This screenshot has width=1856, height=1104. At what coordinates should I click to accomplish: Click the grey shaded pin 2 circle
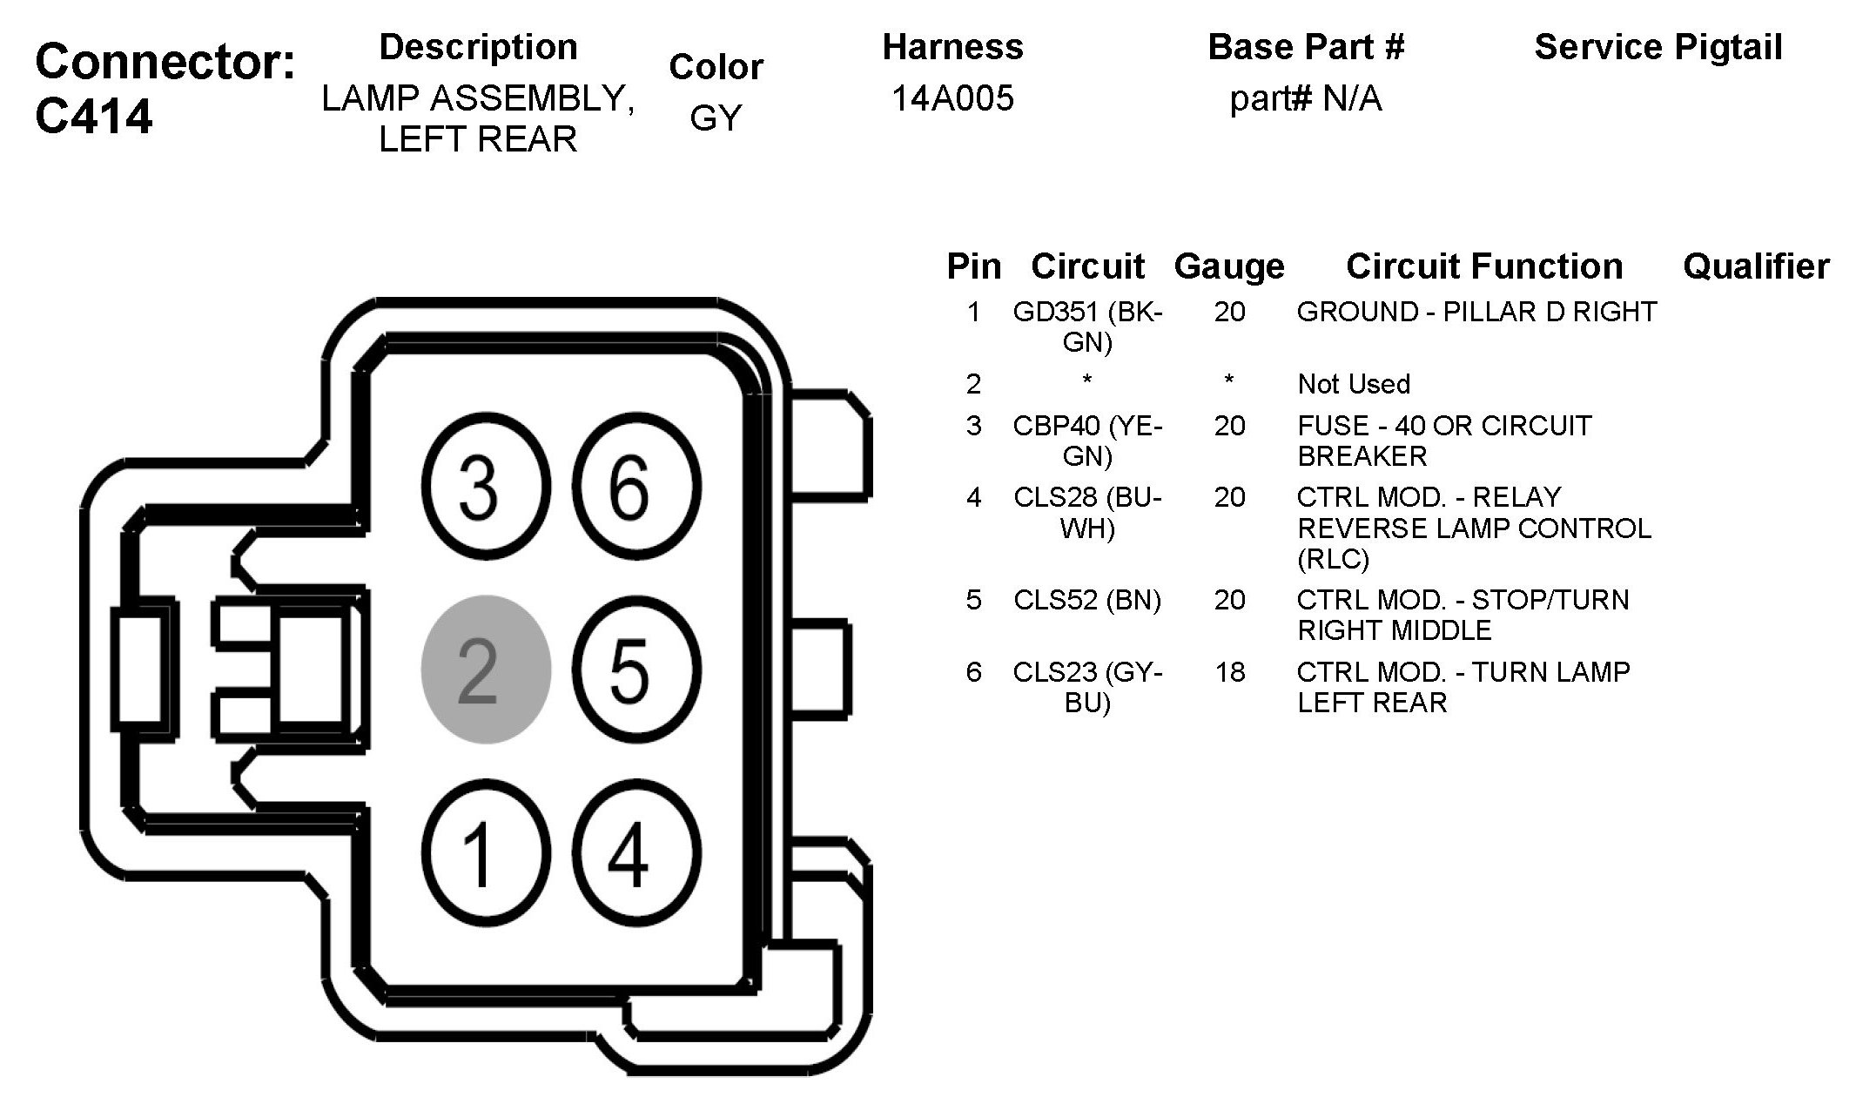pos(486,670)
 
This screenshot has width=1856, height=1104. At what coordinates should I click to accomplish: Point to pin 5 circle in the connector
pos(636,670)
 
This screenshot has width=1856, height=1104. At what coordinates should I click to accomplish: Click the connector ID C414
pos(94,116)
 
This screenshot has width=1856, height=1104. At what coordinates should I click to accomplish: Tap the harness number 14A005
pos(952,98)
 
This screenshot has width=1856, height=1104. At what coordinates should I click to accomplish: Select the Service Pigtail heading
pos(1658,47)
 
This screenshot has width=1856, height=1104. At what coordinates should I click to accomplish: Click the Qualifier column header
pos(1755,266)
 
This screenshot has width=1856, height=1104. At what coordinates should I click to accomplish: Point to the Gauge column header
pos(1228,266)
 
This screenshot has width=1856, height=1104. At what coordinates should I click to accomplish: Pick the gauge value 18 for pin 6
pos(1229,672)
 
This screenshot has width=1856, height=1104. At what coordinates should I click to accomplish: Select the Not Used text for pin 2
pos(1353,384)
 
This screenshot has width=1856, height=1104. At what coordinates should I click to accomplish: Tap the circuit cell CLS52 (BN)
pos(1087,600)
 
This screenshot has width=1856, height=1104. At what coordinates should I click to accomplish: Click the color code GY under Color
pos(716,118)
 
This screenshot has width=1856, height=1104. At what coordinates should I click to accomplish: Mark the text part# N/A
pos(1305,98)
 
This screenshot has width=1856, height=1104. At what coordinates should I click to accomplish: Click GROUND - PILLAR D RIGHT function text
pos(1476,312)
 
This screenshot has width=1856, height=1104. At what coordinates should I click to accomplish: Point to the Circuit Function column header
pos(1483,266)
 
